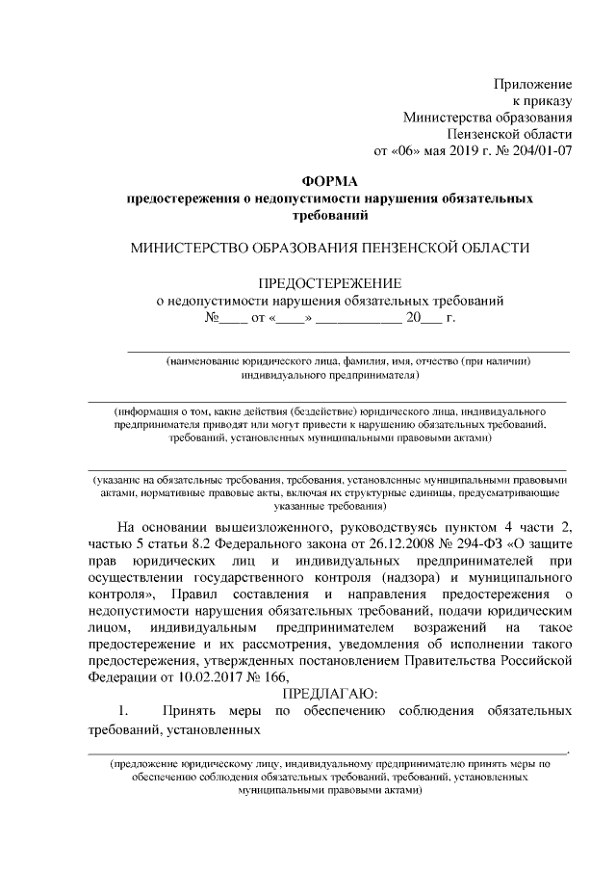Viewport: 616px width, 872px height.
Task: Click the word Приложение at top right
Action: (534, 84)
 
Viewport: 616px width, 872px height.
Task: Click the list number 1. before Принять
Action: (123, 711)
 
